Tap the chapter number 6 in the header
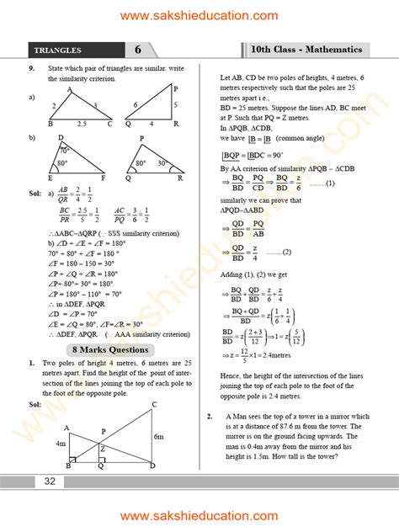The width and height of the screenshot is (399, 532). (138, 50)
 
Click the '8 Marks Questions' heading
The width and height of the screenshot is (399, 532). (111, 349)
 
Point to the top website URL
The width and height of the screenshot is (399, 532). (199, 16)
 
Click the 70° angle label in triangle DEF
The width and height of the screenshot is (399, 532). (64, 150)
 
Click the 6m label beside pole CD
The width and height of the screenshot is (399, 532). (159, 436)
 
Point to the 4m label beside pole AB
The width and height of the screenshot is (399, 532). (61, 444)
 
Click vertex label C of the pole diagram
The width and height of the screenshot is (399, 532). (154, 405)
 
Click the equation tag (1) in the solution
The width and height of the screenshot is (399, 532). (330, 184)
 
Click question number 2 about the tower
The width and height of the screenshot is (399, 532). (209, 417)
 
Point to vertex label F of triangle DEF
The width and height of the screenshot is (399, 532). (104, 178)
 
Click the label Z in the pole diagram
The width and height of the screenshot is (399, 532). (103, 448)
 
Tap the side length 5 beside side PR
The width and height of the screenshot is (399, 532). (175, 105)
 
